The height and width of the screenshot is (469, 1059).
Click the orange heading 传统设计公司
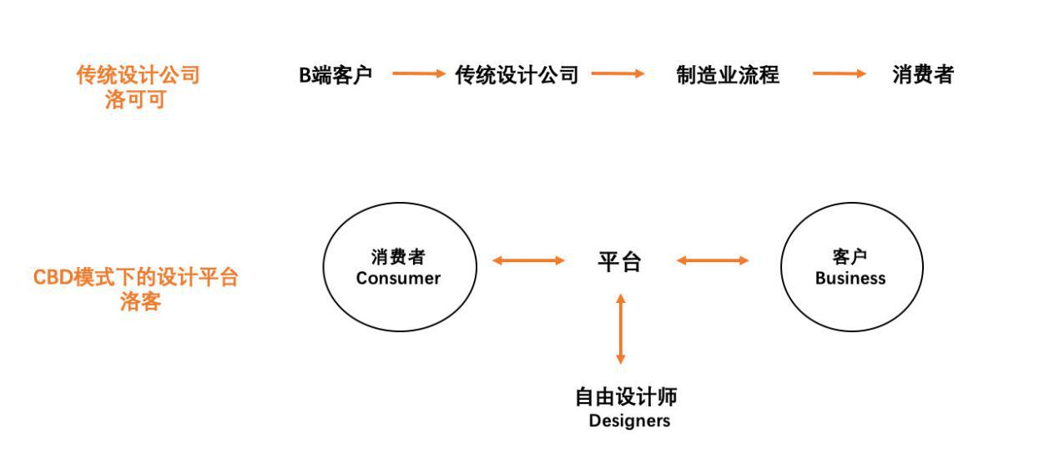(x=138, y=75)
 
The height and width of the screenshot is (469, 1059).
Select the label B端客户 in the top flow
(x=335, y=75)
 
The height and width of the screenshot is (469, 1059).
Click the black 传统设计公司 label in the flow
(x=517, y=75)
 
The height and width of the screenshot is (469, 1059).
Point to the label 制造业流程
(x=727, y=75)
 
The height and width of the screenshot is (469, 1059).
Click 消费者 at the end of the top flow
(x=922, y=75)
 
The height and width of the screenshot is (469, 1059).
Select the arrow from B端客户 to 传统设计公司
(x=419, y=74)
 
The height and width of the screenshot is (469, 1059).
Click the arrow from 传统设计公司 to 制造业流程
(x=618, y=74)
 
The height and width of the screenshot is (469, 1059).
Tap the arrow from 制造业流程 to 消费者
(x=840, y=74)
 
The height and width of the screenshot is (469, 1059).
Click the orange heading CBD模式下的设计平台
(x=136, y=277)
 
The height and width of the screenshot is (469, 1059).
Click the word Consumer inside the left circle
(x=398, y=279)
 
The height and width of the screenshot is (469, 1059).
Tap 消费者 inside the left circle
(x=398, y=257)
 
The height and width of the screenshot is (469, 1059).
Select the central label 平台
(x=619, y=262)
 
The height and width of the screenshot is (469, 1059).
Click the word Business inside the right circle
(x=850, y=279)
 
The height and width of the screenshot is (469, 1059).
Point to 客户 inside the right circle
(x=850, y=257)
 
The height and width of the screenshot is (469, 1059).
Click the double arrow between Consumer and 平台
(x=528, y=260)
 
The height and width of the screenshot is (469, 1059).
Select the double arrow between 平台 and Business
(x=712, y=260)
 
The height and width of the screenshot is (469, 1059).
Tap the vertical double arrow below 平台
(x=620, y=328)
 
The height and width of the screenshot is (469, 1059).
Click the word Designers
(x=629, y=421)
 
